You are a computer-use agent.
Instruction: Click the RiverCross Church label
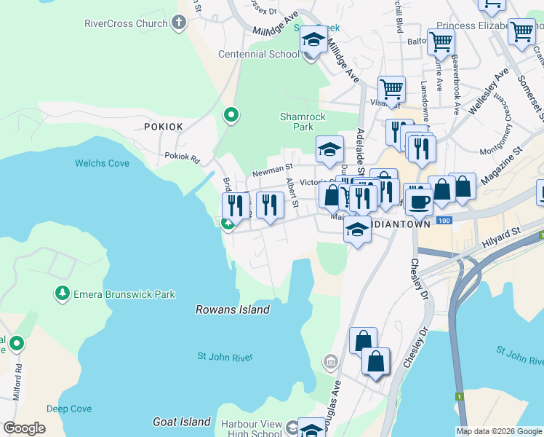(x=127, y=23)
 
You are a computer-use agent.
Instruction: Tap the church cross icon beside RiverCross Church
(x=180, y=23)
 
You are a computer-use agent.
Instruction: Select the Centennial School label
(x=263, y=54)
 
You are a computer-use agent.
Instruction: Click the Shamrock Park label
(x=303, y=122)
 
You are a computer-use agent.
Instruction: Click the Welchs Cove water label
(x=102, y=163)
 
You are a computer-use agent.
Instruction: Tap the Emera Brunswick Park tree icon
(x=62, y=294)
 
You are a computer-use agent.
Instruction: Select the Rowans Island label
(x=233, y=310)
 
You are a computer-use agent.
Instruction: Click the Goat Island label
(x=182, y=422)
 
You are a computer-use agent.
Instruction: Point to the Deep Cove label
(x=68, y=409)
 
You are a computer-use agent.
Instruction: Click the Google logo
(x=24, y=428)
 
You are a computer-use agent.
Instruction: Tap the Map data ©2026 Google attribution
(x=499, y=431)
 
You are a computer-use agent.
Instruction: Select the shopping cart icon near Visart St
(x=391, y=90)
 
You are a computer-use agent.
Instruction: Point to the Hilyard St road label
(x=508, y=232)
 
